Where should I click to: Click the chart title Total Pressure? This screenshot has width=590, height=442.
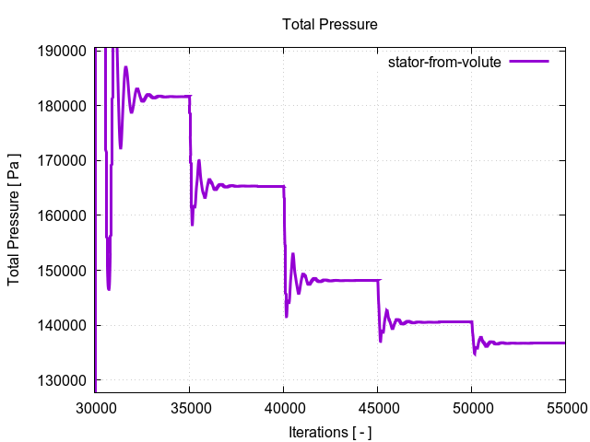[330, 23]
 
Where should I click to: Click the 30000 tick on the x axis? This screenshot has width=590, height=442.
[96, 404]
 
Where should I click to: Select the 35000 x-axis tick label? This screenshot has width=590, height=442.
[190, 404]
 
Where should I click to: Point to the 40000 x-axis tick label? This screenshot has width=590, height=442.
[283, 404]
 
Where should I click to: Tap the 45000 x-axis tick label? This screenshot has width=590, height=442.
[377, 404]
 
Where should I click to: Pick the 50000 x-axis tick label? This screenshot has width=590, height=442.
[471, 404]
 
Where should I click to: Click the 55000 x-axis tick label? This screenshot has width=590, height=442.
[564, 404]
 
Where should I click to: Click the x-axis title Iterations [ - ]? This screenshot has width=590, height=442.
[330, 430]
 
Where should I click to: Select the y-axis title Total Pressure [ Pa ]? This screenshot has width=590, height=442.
[15, 215]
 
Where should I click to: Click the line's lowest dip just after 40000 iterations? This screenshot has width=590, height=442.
[287, 316]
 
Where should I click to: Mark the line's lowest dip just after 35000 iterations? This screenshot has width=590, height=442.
[193, 224]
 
